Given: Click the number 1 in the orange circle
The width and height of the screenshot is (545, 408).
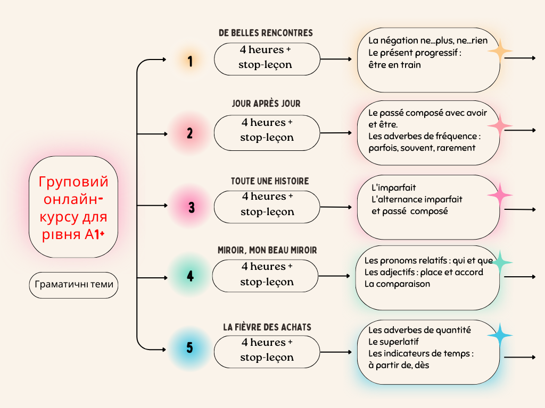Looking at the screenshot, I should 190,62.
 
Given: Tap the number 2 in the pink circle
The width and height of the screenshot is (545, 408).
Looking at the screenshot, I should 190,133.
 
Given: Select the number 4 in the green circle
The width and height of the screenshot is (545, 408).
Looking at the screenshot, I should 190,276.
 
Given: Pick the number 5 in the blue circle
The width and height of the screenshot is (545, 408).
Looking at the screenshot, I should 190,348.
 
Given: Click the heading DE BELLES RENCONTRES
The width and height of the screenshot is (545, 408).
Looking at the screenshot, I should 266,33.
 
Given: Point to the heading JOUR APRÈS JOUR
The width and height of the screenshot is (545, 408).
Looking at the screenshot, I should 266,104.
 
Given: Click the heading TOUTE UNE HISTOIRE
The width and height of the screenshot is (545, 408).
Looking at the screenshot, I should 269,181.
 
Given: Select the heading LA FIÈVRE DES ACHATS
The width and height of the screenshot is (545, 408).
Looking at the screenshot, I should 267,327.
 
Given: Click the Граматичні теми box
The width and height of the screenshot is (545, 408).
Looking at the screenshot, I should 74,285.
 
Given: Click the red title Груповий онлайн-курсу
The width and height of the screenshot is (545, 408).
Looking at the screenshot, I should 73,207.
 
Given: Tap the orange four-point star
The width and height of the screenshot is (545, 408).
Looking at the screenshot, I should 500,52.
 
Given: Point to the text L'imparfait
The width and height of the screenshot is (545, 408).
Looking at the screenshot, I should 394,188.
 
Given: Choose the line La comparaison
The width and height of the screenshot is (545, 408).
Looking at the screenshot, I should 397,284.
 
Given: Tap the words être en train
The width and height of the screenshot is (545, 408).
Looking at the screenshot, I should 394,65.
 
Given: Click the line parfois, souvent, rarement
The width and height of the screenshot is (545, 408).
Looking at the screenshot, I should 422,148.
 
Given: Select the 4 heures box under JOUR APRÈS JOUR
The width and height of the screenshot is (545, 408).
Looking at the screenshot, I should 267,130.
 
